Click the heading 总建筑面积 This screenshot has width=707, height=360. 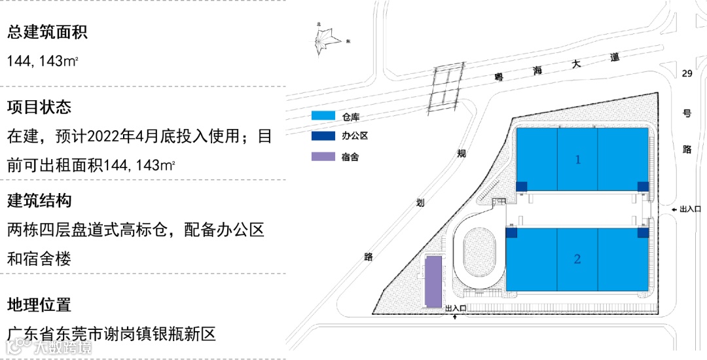(x=47, y=32)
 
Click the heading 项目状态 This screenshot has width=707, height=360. (x=39, y=107)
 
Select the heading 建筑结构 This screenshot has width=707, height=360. (x=39, y=200)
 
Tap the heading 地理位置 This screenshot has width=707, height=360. (x=39, y=304)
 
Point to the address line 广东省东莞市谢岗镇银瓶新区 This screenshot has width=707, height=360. (x=111, y=334)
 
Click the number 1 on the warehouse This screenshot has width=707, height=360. (x=578, y=159)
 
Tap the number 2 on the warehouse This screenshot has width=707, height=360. (x=577, y=259)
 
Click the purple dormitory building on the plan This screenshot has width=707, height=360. (x=433, y=281)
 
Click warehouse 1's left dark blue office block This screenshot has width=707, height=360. (x=521, y=187)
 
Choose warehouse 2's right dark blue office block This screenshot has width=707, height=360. (x=644, y=232)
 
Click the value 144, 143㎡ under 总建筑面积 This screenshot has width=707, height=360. (x=43, y=61)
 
